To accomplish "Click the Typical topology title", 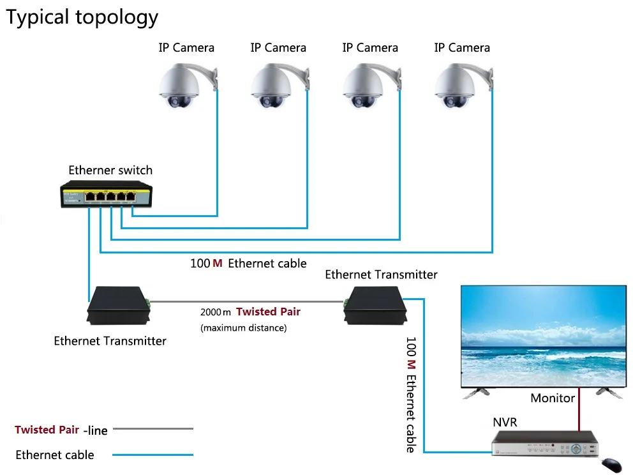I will coord(82,17).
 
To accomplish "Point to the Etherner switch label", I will coord(110,170).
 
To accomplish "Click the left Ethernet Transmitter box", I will coord(117,305).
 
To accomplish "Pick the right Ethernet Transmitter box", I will coord(375,305).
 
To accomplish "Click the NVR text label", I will coord(505,423).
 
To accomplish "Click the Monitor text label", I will coord(553,398).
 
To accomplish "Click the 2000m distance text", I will coord(216,312).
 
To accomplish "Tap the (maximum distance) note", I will coord(243,328).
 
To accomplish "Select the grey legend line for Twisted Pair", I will coord(153,429).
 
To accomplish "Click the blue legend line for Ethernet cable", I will coord(153,455).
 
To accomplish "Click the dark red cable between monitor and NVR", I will coord(579,409).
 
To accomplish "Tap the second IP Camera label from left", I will coord(278,48).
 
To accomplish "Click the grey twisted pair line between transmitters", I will coord(249,301).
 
